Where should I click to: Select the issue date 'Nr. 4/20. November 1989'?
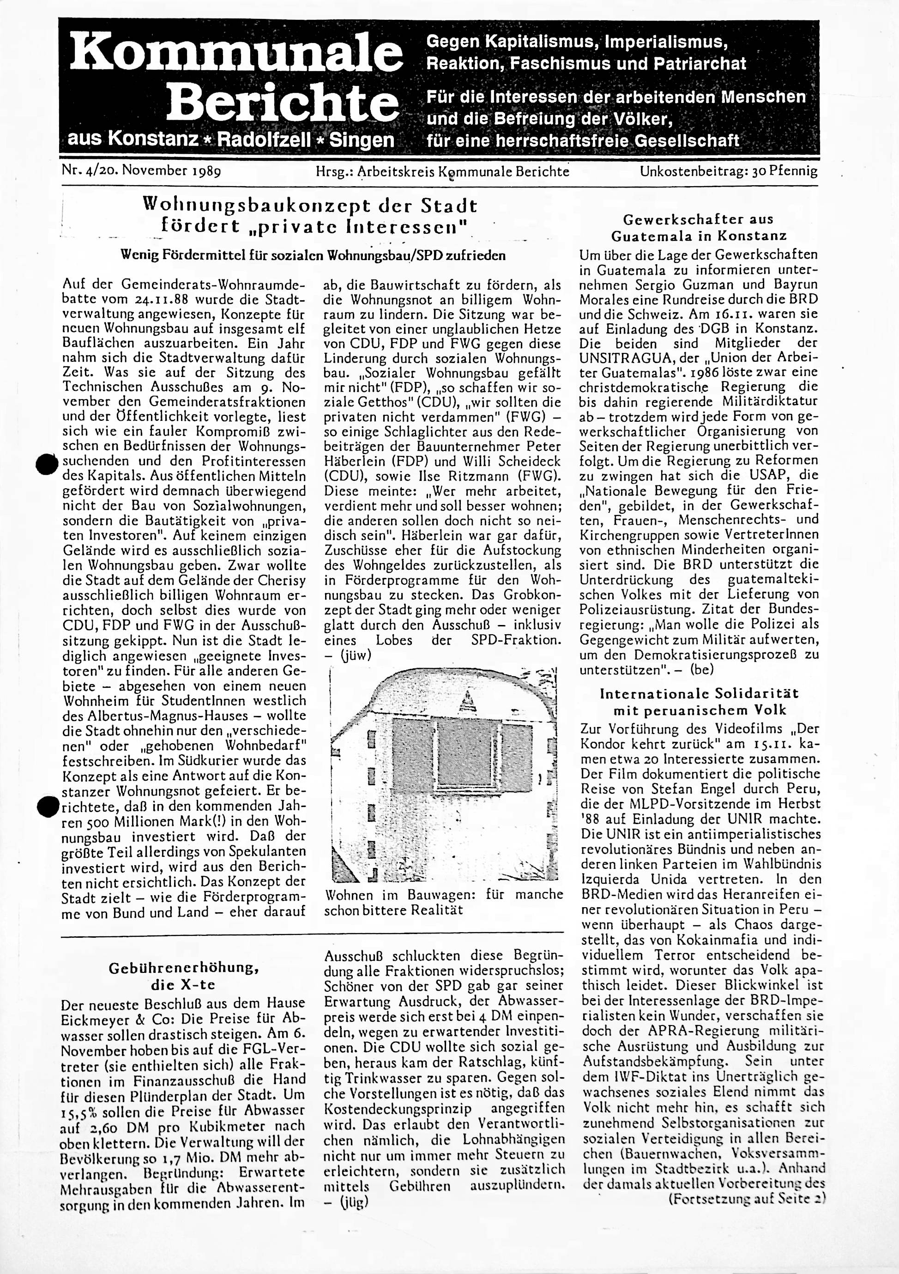point(142,171)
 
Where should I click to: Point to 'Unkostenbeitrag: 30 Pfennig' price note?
point(729,171)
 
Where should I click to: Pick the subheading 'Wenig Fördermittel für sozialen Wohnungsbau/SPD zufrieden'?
point(314,256)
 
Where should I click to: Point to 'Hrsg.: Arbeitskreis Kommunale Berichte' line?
point(442,171)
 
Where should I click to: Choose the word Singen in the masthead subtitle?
point(362,140)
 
